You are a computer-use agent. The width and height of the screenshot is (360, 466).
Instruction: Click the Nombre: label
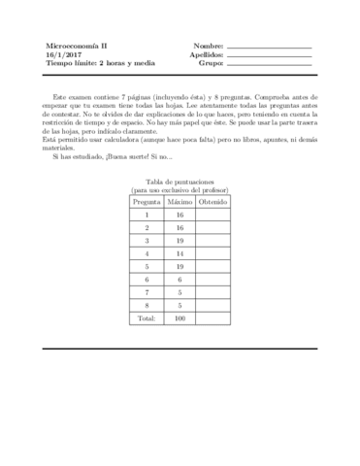pos(209,47)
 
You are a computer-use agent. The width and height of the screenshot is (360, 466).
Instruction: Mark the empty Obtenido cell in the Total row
pos(213,317)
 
